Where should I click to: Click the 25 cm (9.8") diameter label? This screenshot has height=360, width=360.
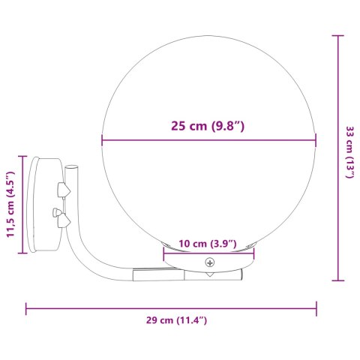(208, 126)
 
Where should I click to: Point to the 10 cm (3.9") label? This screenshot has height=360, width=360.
(208, 244)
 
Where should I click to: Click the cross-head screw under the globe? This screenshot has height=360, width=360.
(211, 262)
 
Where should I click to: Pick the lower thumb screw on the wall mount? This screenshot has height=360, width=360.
(60, 217)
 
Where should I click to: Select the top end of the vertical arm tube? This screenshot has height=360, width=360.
(70, 168)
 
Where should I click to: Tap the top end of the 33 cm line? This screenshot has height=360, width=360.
(338, 34)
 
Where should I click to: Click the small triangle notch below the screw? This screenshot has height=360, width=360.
(211, 275)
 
